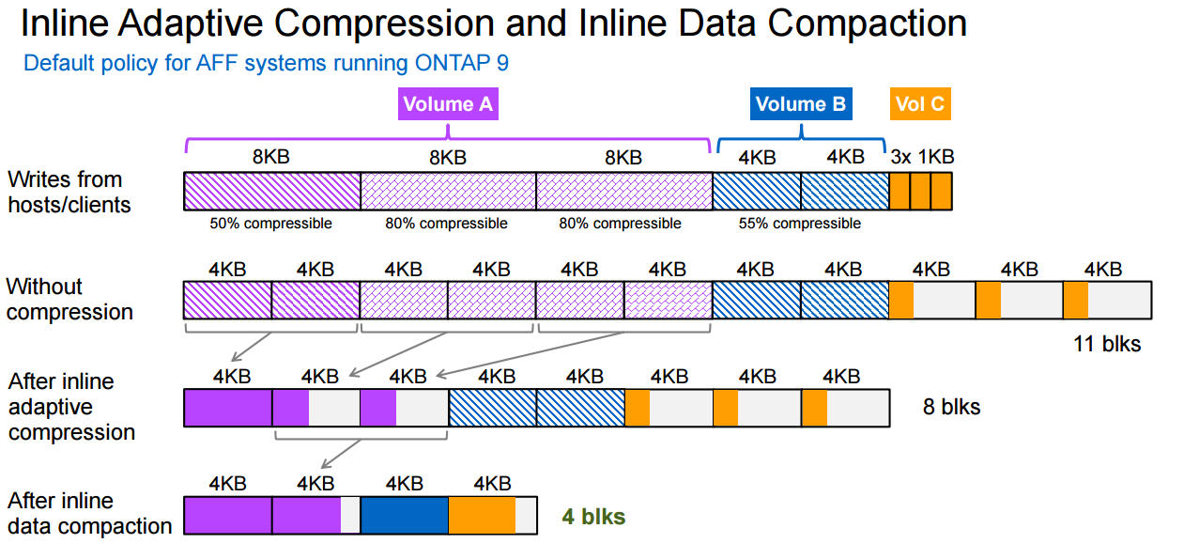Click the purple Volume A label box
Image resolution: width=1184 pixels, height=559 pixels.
click(448, 103)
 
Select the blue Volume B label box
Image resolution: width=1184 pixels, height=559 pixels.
click(801, 103)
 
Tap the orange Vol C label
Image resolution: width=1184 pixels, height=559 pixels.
click(919, 103)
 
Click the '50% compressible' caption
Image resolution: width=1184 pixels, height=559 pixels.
click(270, 224)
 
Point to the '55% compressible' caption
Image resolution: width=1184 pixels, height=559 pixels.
click(801, 224)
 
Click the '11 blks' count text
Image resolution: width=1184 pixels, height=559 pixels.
click(1107, 344)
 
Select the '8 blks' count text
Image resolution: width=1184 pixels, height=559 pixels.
click(952, 407)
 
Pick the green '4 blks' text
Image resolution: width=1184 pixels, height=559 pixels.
click(593, 516)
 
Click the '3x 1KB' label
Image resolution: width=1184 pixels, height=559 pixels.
click(922, 157)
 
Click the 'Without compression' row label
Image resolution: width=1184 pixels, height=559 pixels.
click(69, 299)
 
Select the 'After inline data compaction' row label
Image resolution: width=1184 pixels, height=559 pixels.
click(88, 513)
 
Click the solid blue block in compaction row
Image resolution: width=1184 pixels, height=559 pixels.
click(404, 516)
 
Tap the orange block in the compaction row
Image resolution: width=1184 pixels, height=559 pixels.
click(482, 516)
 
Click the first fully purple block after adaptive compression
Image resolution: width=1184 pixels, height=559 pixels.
click(227, 409)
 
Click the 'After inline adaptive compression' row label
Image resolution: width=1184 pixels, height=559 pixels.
click(71, 407)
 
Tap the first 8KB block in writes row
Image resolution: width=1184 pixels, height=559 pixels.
click(271, 191)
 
